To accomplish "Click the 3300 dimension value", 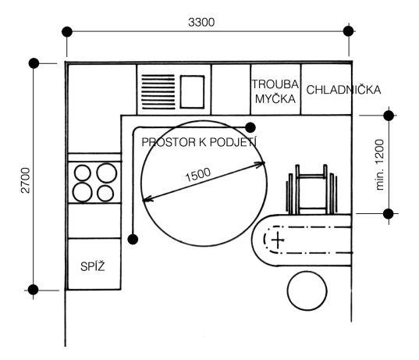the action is (201, 22).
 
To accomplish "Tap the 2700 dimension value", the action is (26, 180).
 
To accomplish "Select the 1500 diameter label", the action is (197, 175).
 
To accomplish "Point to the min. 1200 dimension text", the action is (379, 165).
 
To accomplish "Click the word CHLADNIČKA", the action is (343, 90).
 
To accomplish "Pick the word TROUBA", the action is (275, 84).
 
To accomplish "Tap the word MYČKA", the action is (275, 98).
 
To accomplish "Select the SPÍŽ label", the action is (93, 266).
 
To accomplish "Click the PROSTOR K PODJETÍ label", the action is (199, 142).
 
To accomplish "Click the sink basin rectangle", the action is (192, 92).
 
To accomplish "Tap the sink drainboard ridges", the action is (158, 92).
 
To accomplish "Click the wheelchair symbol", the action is (311, 189).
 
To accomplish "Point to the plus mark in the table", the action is (278, 240).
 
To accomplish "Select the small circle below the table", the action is (307, 290).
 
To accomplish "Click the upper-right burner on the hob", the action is (107, 173).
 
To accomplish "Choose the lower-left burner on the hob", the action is (83, 192).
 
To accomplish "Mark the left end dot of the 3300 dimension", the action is (67, 32).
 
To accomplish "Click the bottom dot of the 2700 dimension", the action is (34, 290).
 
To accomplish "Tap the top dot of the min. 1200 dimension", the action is (389, 116).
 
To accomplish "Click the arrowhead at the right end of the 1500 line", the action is (262, 163).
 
